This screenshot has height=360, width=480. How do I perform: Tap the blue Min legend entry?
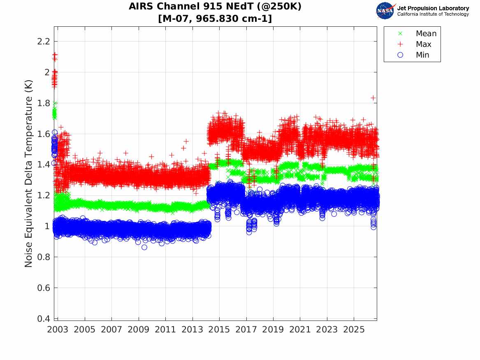pyautogui.click(x=413, y=55)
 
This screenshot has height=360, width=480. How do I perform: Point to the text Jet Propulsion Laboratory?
pyautogui.click(x=433, y=8)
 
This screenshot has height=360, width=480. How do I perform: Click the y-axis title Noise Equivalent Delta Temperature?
pyautogui.click(x=28, y=174)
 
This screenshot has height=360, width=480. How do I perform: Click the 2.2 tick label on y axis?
pyautogui.click(x=44, y=41)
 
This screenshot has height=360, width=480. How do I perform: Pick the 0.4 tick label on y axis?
pyautogui.click(x=44, y=319)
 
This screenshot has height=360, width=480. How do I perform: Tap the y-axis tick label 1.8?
pyautogui.click(x=44, y=103)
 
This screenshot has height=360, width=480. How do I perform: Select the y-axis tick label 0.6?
pyautogui.click(x=44, y=288)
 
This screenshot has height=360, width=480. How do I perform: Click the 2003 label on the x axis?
pyautogui.click(x=58, y=330)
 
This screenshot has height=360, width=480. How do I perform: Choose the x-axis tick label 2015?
pyautogui.click(x=219, y=330)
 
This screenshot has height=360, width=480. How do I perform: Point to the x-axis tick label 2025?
pyautogui.click(x=354, y=330)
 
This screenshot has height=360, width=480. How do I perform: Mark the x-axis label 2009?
pyautogui.click(x=138, y=330)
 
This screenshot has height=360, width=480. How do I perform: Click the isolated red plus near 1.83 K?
pyautogui.click(x=373, y=98)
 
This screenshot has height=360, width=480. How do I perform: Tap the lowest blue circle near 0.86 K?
pyautogui.click(x=144, y=247)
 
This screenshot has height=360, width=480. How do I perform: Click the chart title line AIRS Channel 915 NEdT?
pyautogui.click(x=215, y=7)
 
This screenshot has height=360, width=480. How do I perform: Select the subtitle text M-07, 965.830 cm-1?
pyautogui.click(x=215, y=19)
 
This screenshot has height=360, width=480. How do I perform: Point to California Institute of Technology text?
pyautogui.click(x=433, y=14)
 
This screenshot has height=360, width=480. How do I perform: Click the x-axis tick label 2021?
pyautogui.click(x=300, y=330)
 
